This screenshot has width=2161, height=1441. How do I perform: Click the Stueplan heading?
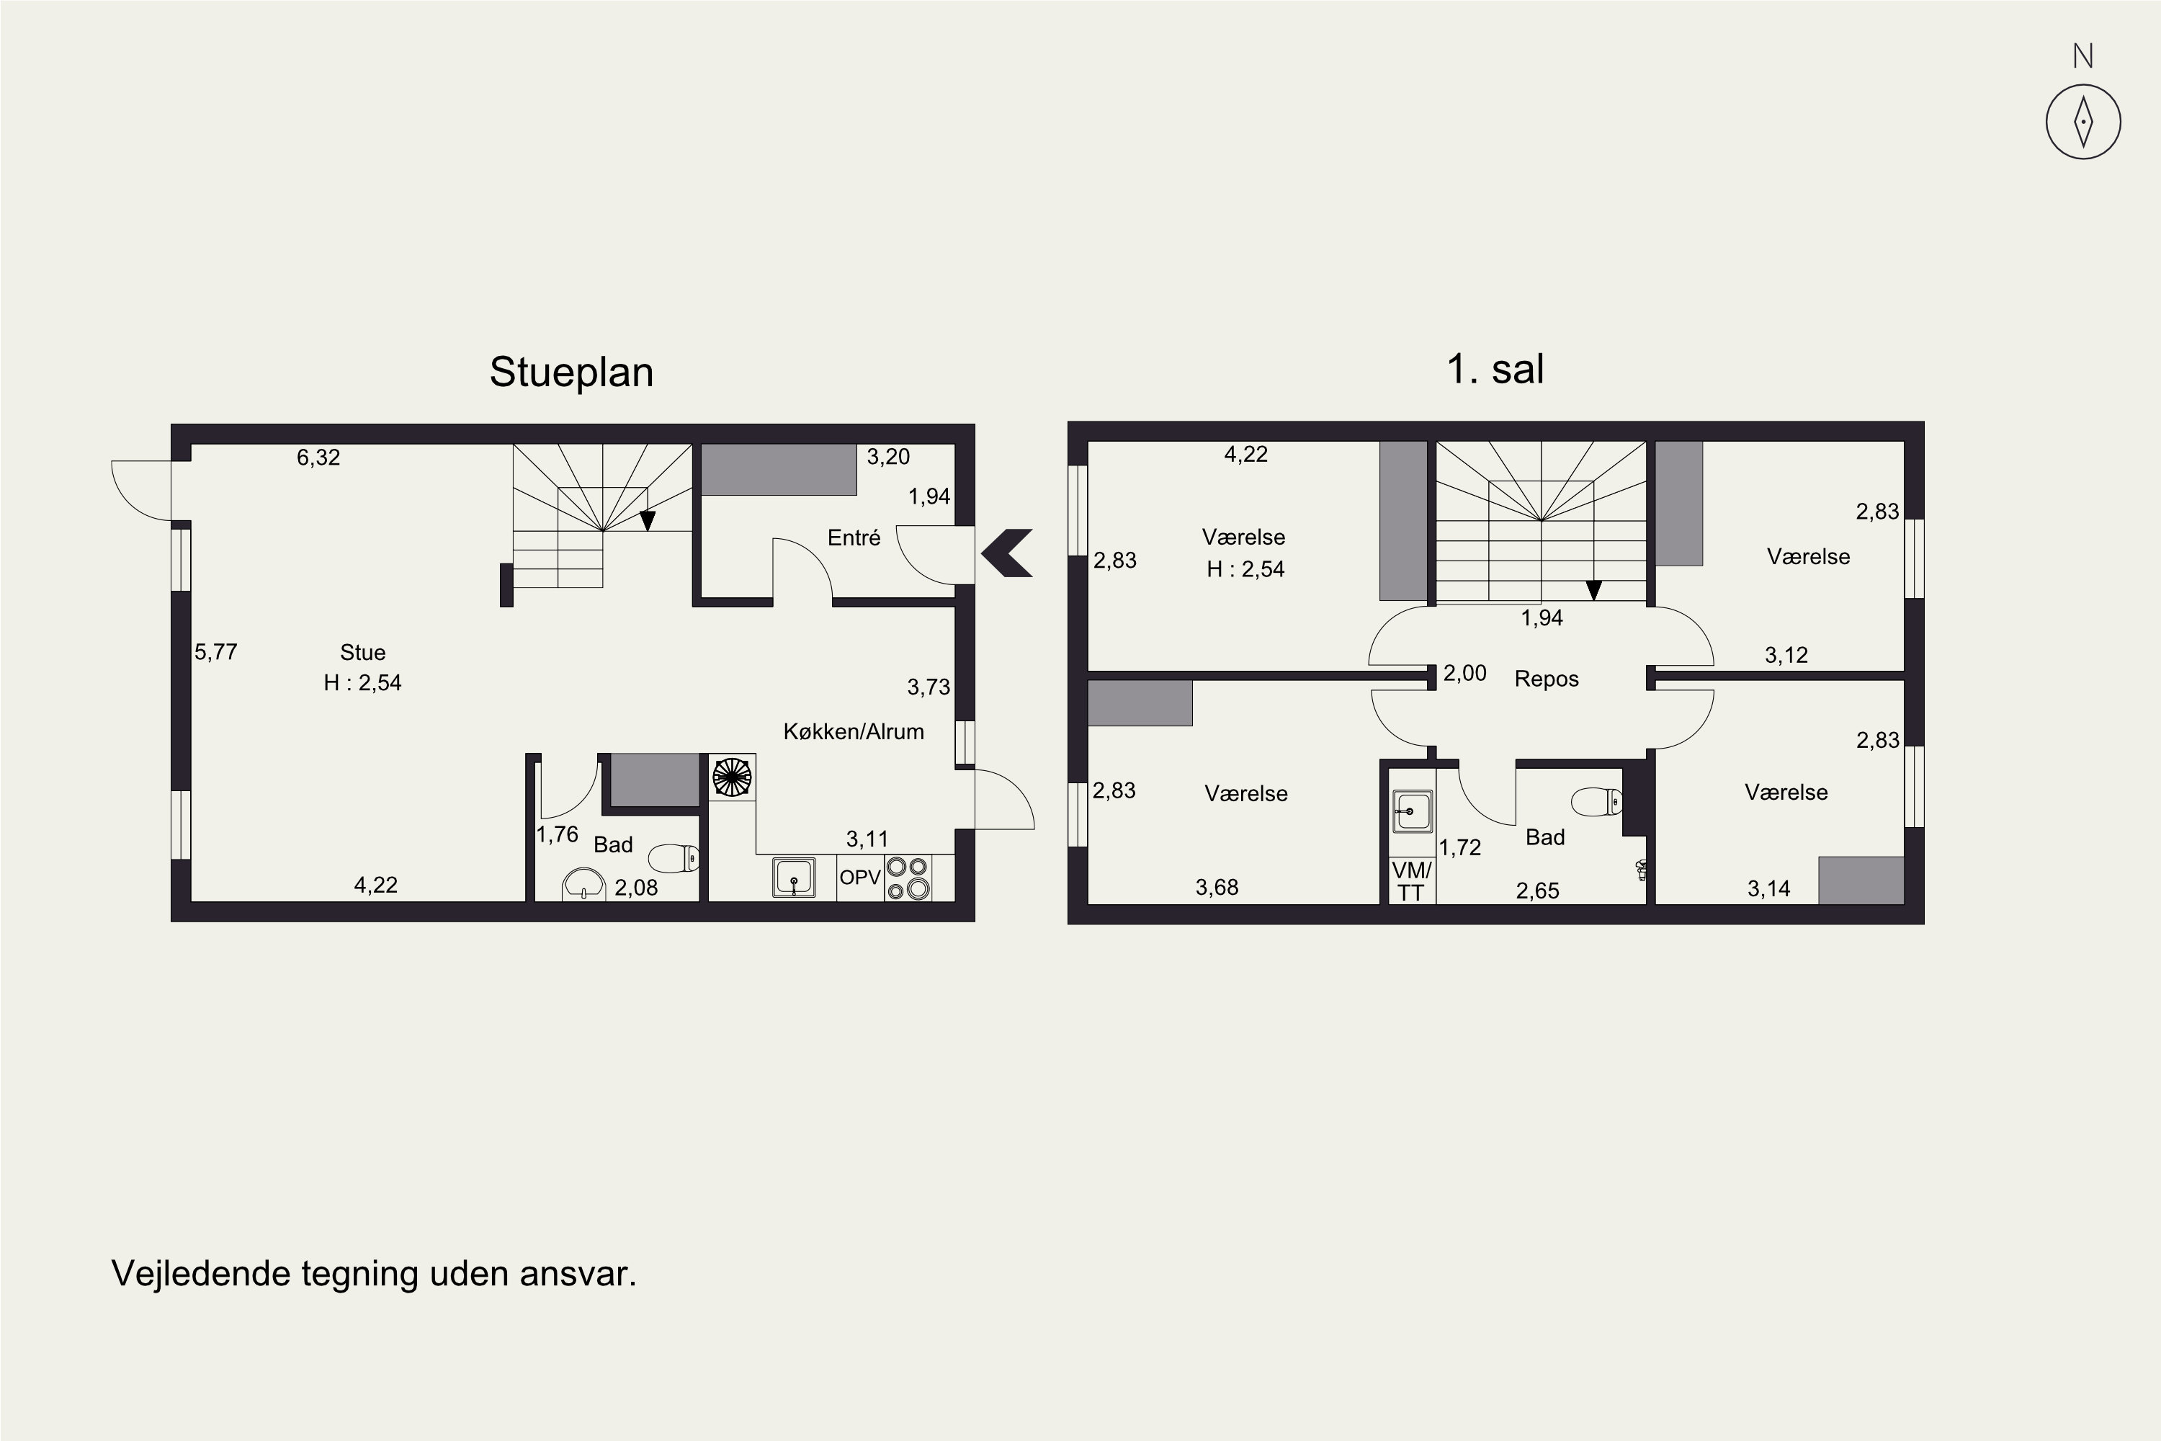pos(571,373)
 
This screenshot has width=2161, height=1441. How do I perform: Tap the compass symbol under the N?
pos(2084,122)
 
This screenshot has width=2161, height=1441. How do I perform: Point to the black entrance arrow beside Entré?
pos(1007,553)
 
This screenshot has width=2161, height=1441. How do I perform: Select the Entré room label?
pos(854,537)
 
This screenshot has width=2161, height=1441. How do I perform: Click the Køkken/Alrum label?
pos(854,731)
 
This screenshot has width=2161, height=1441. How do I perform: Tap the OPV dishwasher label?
pos(860,878)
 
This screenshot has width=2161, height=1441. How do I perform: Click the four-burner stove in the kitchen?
pos(907,878)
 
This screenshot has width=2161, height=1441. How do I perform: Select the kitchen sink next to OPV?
pos(794,878)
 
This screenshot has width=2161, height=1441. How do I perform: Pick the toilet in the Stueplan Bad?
pos(674,858)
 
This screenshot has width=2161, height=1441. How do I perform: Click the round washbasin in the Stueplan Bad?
pos(583,885)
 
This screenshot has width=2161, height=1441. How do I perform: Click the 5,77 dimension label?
pos(216,653)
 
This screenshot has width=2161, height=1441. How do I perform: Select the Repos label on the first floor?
pos(1547,679)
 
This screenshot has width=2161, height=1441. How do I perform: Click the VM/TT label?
pos(1411,881)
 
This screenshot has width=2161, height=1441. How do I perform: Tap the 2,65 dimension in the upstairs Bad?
pos(1538,891)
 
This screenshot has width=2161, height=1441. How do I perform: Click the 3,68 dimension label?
pos(1217,888)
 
